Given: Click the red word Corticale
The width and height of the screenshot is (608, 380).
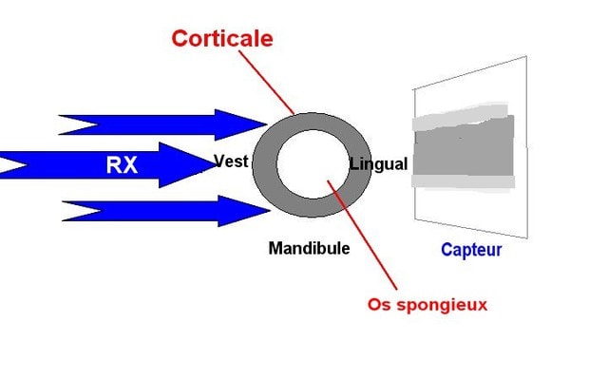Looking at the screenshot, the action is coord(222,39).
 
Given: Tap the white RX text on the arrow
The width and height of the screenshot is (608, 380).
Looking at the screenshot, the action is coord(122,165).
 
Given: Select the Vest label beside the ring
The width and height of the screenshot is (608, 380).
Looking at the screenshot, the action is coord(231,161).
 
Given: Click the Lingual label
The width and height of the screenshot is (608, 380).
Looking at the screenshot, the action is coord(378,164).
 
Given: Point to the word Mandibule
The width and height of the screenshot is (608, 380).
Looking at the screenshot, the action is coord(309,248).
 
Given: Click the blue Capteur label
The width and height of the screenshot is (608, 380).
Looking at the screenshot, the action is coord(471,250).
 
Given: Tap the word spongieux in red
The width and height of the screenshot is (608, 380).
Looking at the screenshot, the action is coord(442,305).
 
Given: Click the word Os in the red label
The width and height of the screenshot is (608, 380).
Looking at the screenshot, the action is coord(380,304).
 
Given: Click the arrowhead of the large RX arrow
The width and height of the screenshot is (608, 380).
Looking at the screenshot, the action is coord(215,164).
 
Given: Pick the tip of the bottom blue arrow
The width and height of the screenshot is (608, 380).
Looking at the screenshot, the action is coord(270,211).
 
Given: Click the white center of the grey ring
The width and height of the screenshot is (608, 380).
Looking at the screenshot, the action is coord(313,164).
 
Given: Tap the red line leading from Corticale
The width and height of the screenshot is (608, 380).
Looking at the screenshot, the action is coord(266,83).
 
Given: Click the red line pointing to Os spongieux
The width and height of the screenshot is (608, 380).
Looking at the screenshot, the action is coord(362,235).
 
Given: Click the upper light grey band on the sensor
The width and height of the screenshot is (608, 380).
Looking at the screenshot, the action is coord(460,117).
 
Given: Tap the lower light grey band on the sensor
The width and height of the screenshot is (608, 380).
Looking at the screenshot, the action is coord(464,181).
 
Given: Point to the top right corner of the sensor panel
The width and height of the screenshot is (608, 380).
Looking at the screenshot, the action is coord(526,57).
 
